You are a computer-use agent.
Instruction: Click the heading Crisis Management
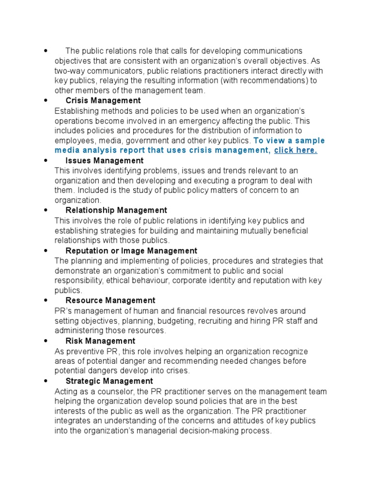(x=103, y=101)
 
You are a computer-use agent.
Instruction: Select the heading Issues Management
(x=104, y=160)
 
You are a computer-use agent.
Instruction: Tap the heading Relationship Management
(x=116, y=210)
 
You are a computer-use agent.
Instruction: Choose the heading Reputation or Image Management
(x=131, y=251)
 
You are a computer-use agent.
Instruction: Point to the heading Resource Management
(x=110, y=301)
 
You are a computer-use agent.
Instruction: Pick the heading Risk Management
(x=100, y=341)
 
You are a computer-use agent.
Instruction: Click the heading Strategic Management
(x=109, y=381)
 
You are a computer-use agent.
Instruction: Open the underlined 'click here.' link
(x=295, y=150)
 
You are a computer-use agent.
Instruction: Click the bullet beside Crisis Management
(x=45, y=101)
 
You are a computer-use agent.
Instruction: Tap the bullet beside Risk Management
(x=45, y=341)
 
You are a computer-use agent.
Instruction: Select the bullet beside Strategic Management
(x=45, y=381)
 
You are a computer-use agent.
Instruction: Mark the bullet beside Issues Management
(x=45, y=160)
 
